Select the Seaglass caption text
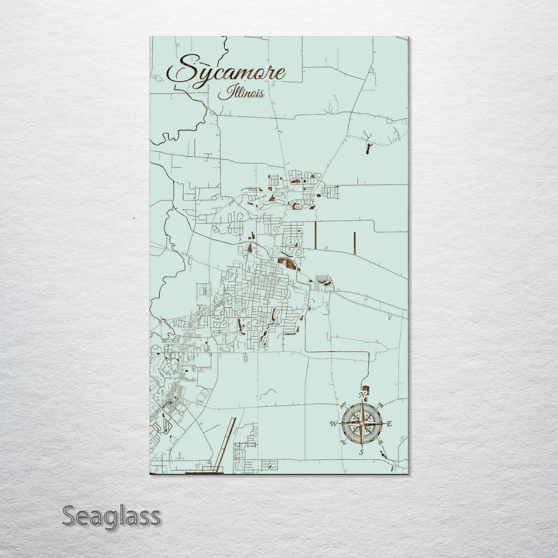pos(111,516)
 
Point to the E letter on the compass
pos(389,424)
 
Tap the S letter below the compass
pos(361,452)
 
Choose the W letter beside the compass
pos(333,424)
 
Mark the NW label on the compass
pos(343,405)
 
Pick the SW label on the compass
pos(342,442)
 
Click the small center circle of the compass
pos(361,424)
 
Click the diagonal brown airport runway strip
pos(226,444)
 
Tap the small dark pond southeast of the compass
pos(383,456)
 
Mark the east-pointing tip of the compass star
pos(384,424)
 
